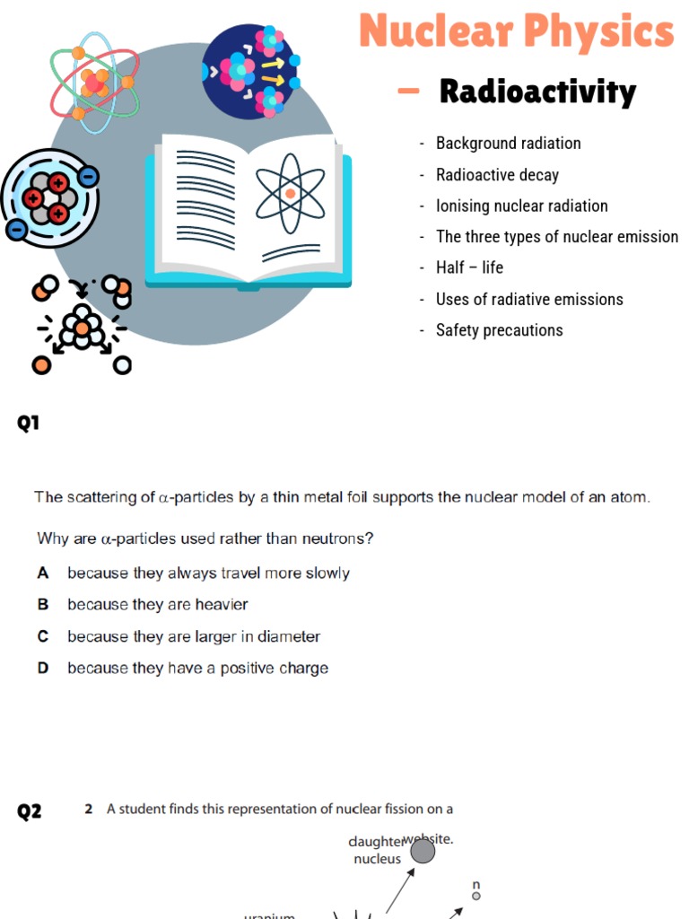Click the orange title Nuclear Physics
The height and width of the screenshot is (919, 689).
pyautogui.click(x=516, y=32)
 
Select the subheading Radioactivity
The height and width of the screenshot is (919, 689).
pyautogui.click(x=537, y=92)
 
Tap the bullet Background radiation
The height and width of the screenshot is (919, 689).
pyautogui.click(x=508, y=144)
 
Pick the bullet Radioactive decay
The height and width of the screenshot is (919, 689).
pyautogui.click(x=497, y=175)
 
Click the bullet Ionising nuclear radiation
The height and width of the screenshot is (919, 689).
pyautogui.click(x=521, y=206)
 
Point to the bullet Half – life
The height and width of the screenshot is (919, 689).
pyautogui.click(x=469, y=267)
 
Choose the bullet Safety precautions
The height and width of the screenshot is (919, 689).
pyautogui.click(x=499, y=330)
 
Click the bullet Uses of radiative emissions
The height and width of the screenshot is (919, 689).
pyautogui.click(x=529, y=299)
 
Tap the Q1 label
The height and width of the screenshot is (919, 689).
pyautogui.click(x=30, y=424)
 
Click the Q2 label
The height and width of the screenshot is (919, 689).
pyautogui.click(x=30, y=812)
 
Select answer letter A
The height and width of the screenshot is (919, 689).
pyautogui.click(x=43, y=573)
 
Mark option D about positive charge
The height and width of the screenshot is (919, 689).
pyautogui.click(x=197, y=668)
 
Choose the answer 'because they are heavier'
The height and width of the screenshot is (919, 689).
pyautogui.click(x=157, y=605)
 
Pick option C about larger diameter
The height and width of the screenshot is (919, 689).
pyautogui.click(x=193, y=636)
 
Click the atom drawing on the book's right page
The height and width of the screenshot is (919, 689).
pyautogui.click(x=290, y=192)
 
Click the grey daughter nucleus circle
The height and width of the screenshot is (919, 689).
pyautogui.click(x=422, y=851)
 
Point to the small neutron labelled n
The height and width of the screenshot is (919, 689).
pyautogui.click(x=476, y=895)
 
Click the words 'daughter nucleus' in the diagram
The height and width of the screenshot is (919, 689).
pyautogui.click(x=377, y=850)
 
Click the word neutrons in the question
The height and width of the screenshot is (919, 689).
pyautogui.click(x=339, y=538)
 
